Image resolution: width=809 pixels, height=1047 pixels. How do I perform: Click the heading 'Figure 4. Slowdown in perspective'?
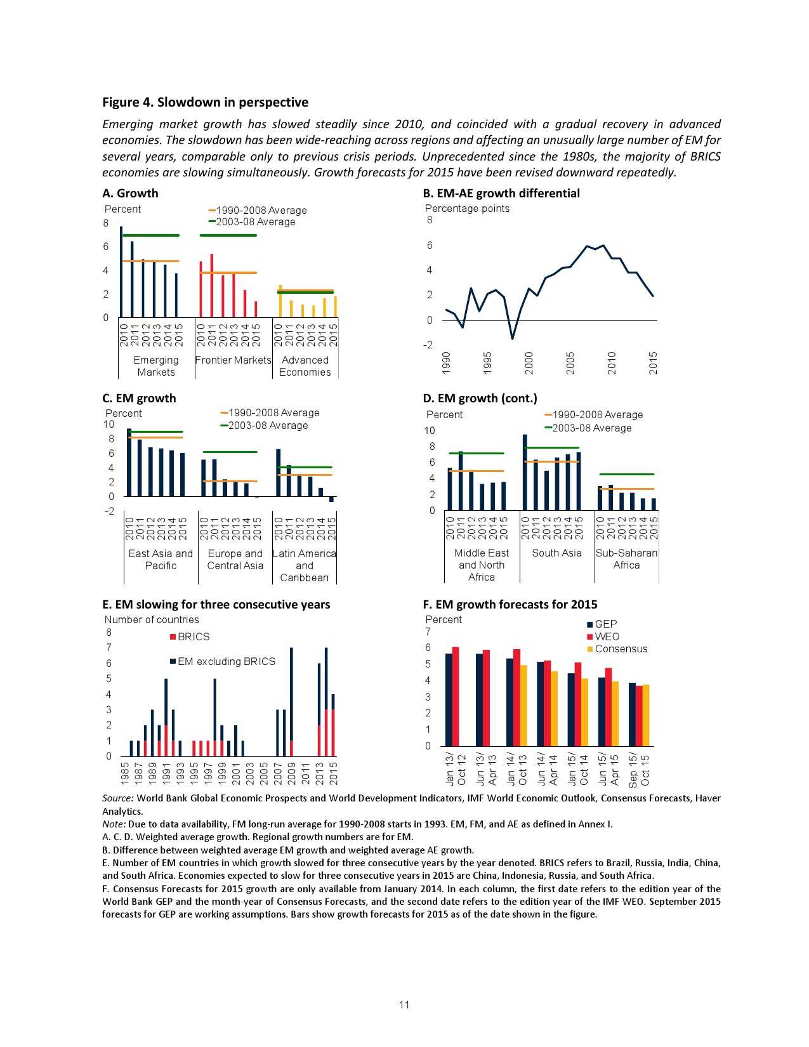point(206,102)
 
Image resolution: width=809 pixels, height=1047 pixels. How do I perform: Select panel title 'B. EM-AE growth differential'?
point(501,193)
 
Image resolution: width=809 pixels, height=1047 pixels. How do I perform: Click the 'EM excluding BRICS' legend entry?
point(223,661)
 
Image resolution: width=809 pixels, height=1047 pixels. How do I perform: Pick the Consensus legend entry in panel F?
point(617,649)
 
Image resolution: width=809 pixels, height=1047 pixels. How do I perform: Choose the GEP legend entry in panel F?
point(602,624)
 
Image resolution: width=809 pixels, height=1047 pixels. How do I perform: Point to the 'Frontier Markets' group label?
point(233,360)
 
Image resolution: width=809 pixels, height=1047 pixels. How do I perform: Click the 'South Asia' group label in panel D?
point(556,553)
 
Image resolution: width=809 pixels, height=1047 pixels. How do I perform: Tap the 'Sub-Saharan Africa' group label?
point(626,558)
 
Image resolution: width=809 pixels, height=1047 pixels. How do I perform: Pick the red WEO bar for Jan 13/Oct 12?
point(456,696)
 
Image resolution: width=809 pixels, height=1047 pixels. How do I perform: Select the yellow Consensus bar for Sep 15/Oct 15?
point(646,715)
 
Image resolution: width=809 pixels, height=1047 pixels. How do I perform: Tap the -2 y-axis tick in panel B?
point(429,345)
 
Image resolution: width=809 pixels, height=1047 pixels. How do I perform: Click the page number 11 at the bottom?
point(404,1004)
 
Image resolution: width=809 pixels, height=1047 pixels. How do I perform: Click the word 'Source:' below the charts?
point(118,798)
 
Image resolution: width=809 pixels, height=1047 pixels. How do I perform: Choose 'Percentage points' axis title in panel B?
point(467,208)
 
